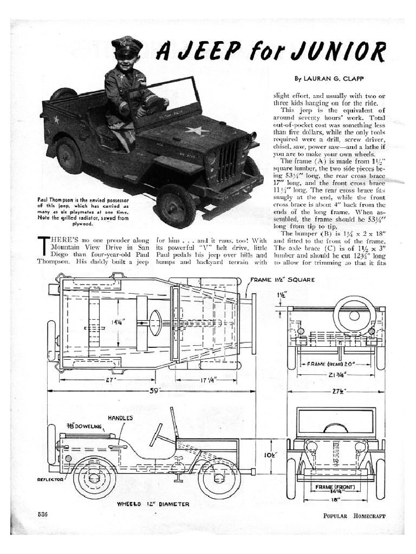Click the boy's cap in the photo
tap(126, 45)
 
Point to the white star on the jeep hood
tap(196, 130)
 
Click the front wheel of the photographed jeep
tap(175, 206)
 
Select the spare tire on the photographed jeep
tap(63, 94)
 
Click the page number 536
tap(44, 515)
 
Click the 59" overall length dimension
tap(155, 391)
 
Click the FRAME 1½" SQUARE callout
tap(281, 280)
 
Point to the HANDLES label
tap(120, 418)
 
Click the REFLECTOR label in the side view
tap(50, 479)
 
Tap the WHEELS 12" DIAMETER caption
tap(153, 504)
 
